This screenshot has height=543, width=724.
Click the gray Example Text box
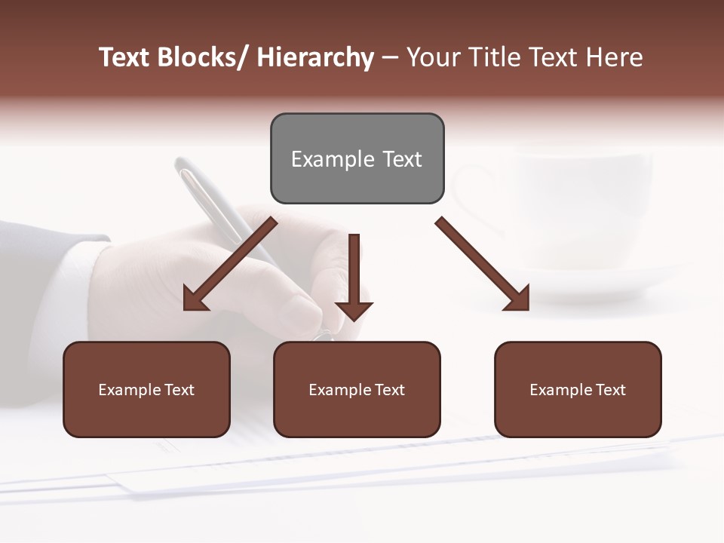[357, 158]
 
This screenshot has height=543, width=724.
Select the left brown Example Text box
[146, 389]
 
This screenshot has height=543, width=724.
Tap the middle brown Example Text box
[357, 389]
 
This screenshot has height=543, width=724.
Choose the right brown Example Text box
[578, 389]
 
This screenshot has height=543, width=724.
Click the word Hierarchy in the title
[315, 57]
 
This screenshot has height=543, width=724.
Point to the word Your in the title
[431, 57]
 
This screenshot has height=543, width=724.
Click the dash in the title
[390, 57]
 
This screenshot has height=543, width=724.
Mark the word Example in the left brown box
[129, 389]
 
